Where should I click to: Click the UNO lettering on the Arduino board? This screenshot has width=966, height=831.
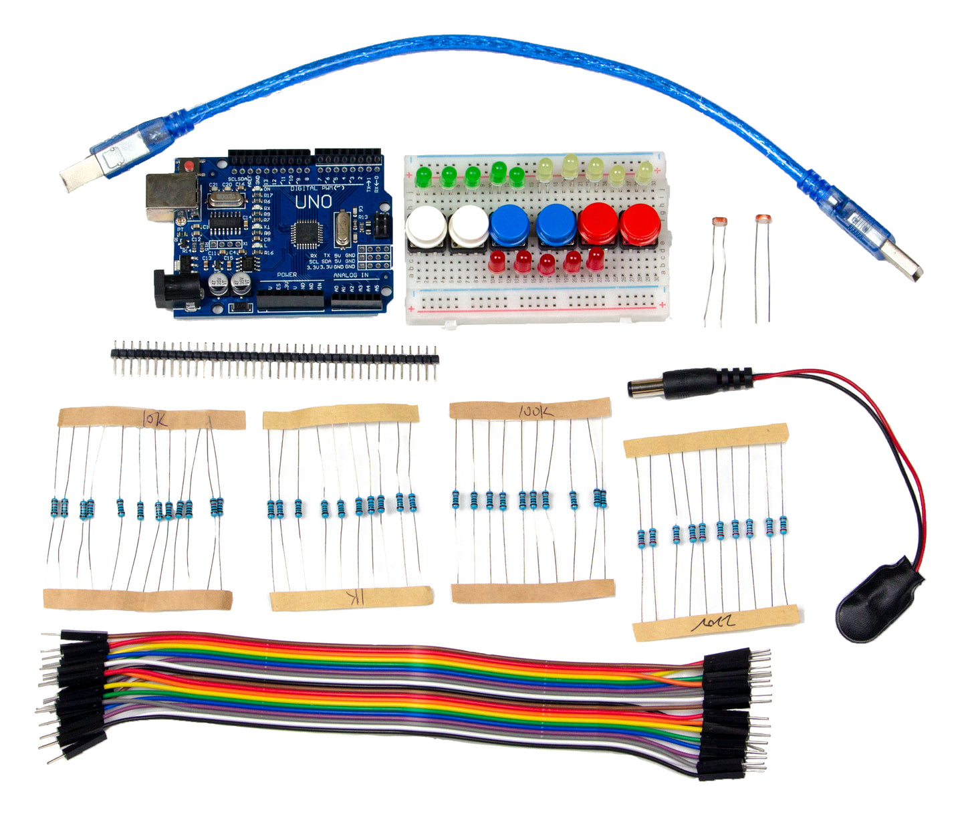(x=313, y=201)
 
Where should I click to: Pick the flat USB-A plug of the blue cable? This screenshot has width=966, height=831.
(x=900, y=259)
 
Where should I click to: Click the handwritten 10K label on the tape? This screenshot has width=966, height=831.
(x=156, y=419)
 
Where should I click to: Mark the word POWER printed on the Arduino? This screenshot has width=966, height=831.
(x=287, y=275)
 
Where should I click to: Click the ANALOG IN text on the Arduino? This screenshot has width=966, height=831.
(x=351, y=275)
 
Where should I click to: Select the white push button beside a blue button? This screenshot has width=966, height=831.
(x=469, y=225)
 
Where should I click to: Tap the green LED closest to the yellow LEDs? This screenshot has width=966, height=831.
(x=516, y=176)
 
